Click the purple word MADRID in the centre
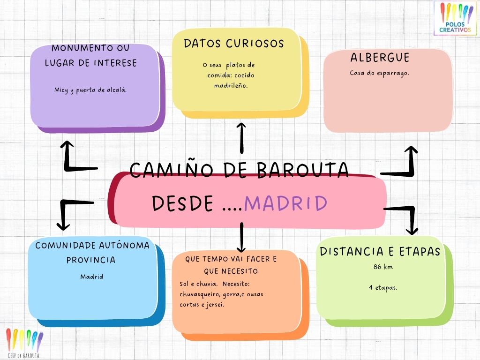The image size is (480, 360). [286, 203]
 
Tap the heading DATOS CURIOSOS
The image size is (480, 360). [234, 44]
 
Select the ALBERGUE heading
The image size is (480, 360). [380, 58]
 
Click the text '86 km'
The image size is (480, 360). [383, 267]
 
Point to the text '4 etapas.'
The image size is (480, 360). [383, 287]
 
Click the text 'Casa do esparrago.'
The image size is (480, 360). [380, 73]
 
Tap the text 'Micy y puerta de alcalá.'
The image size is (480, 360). [90, 90]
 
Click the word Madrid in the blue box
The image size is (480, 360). [91, 277]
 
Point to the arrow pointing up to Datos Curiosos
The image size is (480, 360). [241, 138]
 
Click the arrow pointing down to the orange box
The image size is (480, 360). [241, 237]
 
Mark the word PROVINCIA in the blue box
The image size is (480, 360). [91, 260]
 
